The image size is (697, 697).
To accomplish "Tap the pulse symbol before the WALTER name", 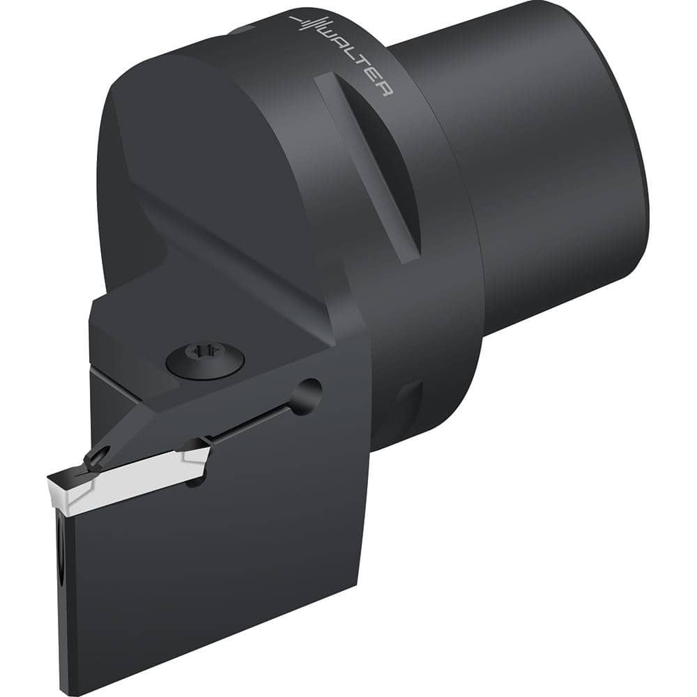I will [307, 25].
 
